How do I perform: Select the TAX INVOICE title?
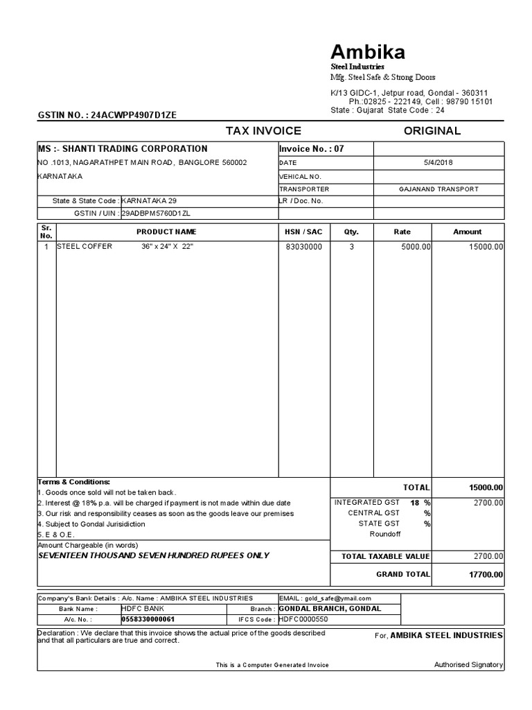click(x=263, y=131)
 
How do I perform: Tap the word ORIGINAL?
click(x=432, y=131)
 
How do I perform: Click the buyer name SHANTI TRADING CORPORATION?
click(x=135, y=148)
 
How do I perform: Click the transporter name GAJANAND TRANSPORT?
click(x=438, y=189)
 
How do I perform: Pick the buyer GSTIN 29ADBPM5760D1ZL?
click(x=156, y=214)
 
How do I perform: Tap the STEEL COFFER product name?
click(x=85, y=247)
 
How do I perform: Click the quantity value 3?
click(x=351, y=247)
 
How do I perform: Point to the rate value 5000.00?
click(x=416, y=247)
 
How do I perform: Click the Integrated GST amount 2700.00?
click(x=488, y=503)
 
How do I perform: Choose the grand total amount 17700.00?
click(x=486, y=574)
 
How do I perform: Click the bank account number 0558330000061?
click(x=148, y=619)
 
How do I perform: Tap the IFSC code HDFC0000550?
click(x=303, y=619)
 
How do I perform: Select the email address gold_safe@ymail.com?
click(x=337, y=598)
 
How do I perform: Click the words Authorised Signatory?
click(x=468, y=665)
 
